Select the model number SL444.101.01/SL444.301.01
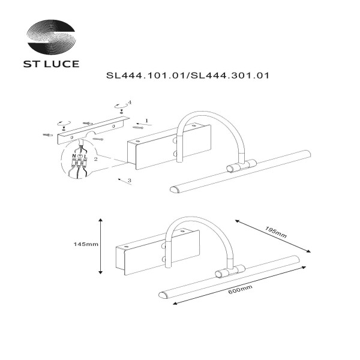click(187, 76)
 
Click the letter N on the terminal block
click(74, 156)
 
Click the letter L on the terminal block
click(86, 156)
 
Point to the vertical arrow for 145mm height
click(100, 245)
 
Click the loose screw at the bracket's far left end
click(47, 134)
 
